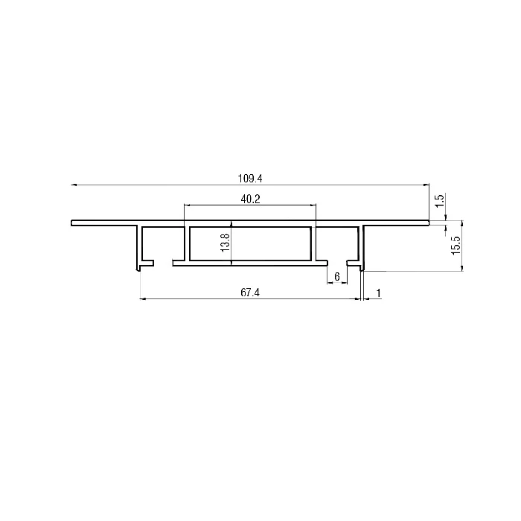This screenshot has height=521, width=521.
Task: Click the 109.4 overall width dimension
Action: click(x=250, y=179)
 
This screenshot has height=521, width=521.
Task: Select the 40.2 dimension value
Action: click(x=250, y=199)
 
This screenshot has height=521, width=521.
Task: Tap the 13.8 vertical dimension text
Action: click(x=226, y=243)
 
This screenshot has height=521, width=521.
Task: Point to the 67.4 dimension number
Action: click(x=250, y=293)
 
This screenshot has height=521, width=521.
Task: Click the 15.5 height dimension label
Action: click(x=456, y=246)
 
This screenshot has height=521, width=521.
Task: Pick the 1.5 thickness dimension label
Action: click(x=439, y=201)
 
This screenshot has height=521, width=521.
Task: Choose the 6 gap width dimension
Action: click(x=337, y=276)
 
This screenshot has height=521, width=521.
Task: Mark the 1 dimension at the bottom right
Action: click(x=378, y=293)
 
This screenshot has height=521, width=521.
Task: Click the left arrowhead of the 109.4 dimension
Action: click(x=74, y=185)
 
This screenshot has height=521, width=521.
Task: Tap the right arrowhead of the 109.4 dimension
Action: click(x=426, y=185)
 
